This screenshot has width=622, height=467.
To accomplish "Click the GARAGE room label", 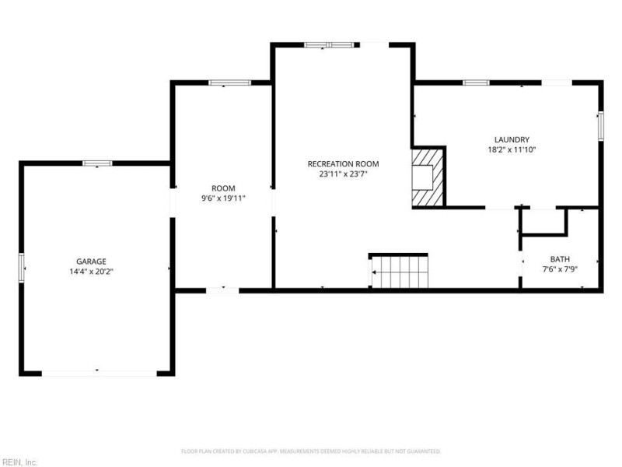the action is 91,262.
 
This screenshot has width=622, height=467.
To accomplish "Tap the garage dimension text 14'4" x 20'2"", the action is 91,272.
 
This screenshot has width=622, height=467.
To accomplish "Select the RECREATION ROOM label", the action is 343,163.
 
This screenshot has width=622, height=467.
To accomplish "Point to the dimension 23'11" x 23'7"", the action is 343,174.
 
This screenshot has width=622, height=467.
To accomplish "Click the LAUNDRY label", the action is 512,139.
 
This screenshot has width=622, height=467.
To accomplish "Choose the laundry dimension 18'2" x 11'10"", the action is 512,149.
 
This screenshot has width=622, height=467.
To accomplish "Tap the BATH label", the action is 560,259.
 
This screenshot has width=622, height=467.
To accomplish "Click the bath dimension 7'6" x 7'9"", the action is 560,269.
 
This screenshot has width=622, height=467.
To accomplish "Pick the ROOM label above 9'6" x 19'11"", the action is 223,188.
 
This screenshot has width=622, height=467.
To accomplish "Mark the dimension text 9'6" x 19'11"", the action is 223,198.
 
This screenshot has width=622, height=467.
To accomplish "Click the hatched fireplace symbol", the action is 427,177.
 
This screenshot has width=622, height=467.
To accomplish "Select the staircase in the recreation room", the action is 399,270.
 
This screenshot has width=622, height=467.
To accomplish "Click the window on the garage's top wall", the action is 97,163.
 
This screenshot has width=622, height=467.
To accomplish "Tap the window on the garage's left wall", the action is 22,268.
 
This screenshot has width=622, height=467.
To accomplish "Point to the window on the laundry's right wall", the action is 601,126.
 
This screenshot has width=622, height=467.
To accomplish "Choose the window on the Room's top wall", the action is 229,83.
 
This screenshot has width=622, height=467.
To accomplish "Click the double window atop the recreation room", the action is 329,45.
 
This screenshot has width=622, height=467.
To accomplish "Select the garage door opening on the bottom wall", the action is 100,374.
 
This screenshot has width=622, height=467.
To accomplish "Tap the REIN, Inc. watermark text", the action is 19,462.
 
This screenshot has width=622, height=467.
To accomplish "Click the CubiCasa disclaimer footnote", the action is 311,451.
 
